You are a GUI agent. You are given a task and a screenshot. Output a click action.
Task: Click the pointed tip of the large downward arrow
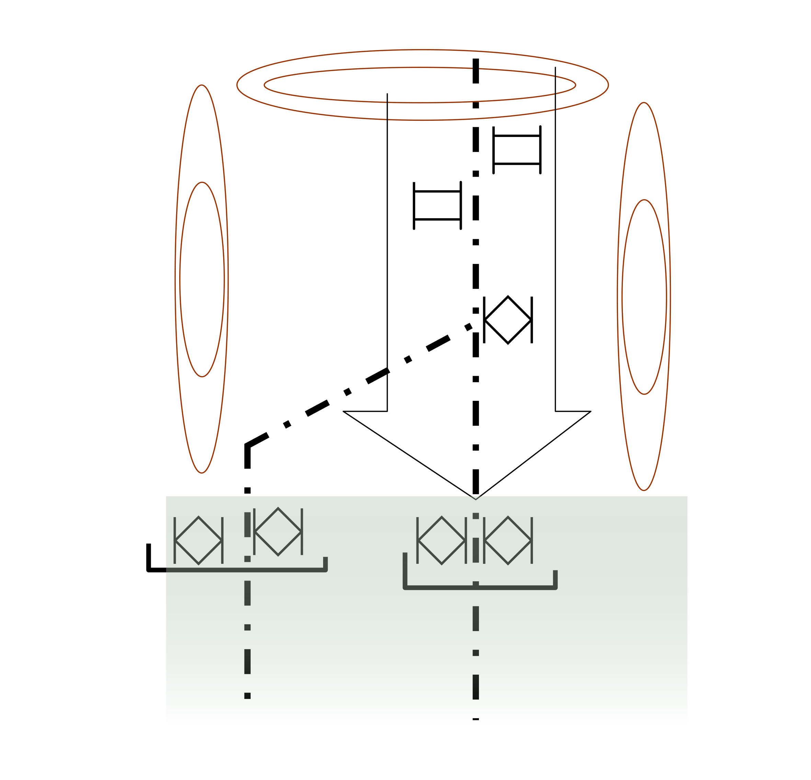476,499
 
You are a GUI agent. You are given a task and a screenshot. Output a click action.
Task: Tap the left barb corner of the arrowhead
343,411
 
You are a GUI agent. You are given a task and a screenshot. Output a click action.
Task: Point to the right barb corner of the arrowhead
591,411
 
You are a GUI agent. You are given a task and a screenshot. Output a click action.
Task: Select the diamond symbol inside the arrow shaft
508,320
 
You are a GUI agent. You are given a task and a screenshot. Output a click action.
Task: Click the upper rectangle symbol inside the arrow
517,150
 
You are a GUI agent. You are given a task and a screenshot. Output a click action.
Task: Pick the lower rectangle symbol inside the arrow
437,206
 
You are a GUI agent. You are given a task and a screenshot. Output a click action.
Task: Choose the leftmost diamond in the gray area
198,540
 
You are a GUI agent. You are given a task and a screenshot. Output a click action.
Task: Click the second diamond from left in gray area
278,532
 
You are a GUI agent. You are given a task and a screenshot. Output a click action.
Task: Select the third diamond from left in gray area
442,540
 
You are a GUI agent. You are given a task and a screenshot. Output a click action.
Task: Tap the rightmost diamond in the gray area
508,540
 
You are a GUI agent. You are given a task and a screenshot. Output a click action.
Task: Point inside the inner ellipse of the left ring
202,279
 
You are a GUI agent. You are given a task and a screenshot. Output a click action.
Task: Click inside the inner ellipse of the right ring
644,297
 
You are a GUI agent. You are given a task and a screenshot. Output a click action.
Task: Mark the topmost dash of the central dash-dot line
476,71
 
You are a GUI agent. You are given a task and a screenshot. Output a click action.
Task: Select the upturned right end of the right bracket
555,578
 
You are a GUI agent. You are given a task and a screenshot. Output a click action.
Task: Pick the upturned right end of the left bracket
325,563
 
